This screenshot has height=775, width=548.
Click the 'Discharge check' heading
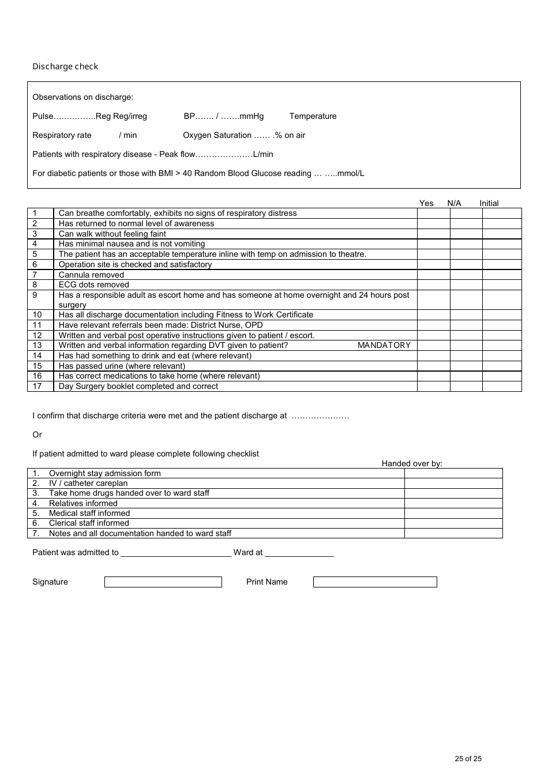[65, 66]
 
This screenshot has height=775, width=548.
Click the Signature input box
[163, 582]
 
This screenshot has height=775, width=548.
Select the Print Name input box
[375, 582]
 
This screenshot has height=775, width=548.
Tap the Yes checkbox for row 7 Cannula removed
[433, 275]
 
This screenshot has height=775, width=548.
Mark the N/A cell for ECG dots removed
[466, 284]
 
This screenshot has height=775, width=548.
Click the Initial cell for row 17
[502, 386]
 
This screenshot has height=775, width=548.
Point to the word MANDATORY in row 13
[384, 345]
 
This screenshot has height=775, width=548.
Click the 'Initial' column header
[489, 203]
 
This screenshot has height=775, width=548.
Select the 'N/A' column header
[454, 203]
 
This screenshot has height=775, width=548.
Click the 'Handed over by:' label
[412, 463]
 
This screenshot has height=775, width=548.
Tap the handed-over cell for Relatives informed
[453, 503]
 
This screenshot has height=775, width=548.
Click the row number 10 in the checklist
[37, 315]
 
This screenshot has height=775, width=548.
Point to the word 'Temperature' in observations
[313, 116]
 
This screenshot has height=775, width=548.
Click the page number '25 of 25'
[468, 759]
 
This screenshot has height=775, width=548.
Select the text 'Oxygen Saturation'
[217, 135]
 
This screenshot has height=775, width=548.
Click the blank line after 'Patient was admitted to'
[176, 553]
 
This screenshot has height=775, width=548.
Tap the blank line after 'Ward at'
[299, 553]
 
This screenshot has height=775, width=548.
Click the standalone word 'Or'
[37, 435]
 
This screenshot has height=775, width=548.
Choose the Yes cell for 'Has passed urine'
[433, 366]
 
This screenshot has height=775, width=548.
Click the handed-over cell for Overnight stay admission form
[453, 473]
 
